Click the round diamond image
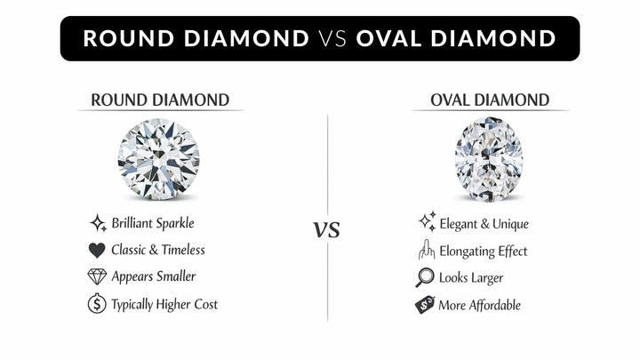tap(158, 161)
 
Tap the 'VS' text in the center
tap(327, 230)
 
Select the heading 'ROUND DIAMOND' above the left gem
tap(160, 100)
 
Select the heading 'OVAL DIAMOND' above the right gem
tap(490, 100)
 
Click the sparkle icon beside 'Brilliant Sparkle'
tap(98, 222)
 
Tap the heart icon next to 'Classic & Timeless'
tap(98, 250)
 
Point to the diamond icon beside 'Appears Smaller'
tap(98, 276)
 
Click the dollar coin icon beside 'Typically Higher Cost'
tap(98, 304)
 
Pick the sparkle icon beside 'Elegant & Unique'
tap(426, 222)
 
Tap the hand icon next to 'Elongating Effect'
tap(426, 250)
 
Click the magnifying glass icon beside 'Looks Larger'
tap(426, 277)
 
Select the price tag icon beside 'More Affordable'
tap(426, 305)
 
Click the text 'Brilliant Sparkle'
tap(153, 223)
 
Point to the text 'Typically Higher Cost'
tap(164, 304)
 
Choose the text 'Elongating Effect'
tap(484, 251)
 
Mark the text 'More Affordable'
tap(480, 305)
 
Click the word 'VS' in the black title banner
tap(332, 39)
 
